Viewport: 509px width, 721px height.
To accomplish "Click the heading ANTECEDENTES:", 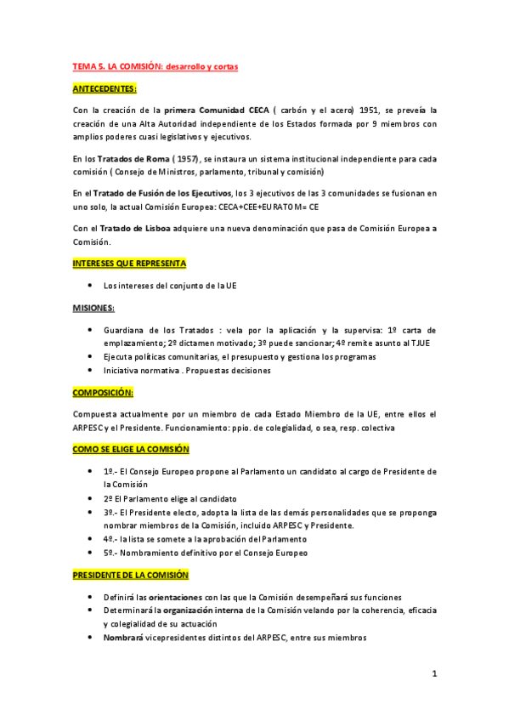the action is click(x=105, y=88).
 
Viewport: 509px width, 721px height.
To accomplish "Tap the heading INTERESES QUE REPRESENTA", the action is click(x=129, y=264).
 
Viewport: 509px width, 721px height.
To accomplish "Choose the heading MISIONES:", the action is click(x=93, y=307).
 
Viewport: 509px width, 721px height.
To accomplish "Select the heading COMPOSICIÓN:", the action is click(x=103, y=393).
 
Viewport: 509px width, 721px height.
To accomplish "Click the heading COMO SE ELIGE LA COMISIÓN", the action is click(x=130, y=449).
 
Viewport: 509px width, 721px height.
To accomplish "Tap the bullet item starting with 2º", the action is click(x=169, y=498).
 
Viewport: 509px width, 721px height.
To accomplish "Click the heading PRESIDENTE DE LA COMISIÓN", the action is click(x=130, y=575).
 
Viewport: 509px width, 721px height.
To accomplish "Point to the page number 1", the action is click(x=433, y=674).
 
